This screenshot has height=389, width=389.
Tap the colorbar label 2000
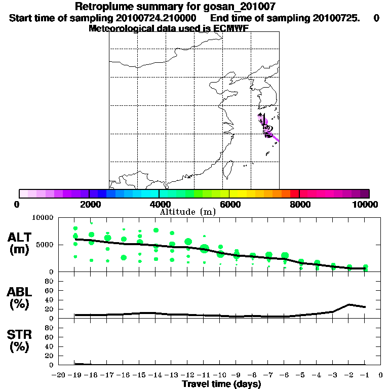(x=88, y=204)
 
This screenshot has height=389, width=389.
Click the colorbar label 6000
(x=229, y=204)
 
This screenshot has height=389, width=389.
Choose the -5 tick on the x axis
(x=301, y=375)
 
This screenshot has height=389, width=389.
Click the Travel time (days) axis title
(x=221, y=384)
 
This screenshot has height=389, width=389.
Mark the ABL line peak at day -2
(x=349, y=304)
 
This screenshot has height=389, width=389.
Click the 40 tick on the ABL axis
(x=50, y=300)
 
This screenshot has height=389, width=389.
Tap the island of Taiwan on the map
(x=227, y=171)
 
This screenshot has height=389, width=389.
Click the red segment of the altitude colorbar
(x=294, y=193)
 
